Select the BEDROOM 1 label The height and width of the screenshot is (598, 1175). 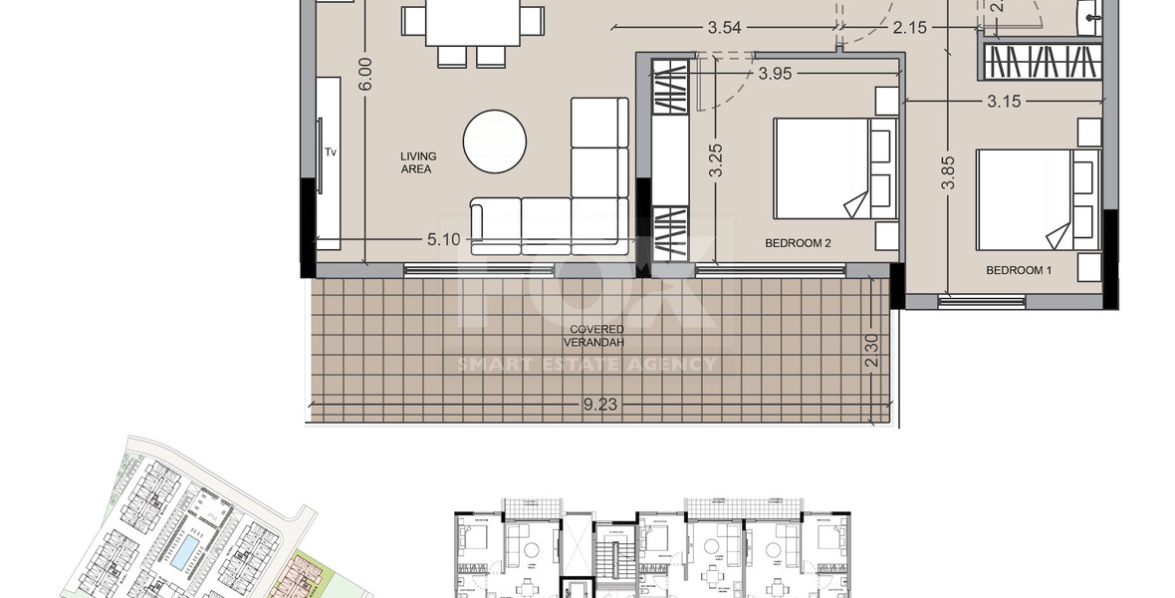coord(1019,270)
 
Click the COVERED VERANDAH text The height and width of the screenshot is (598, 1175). coord(596,336)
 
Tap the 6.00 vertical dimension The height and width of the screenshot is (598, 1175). coord(364,75)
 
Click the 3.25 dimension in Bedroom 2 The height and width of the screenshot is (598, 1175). coord(715,161)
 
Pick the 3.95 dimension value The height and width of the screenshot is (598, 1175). coord(782,73)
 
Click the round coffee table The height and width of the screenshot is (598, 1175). coord(495,142)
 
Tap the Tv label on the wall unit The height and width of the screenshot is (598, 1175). coord(330,152)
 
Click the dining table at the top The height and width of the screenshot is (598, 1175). coord(474,22)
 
